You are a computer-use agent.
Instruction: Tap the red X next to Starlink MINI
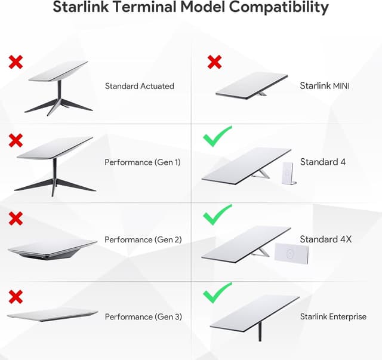point(214,61)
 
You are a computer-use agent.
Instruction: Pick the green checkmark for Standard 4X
point(217,215)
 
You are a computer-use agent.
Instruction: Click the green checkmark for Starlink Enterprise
point(217,293)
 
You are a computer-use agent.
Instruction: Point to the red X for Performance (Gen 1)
point(16,140)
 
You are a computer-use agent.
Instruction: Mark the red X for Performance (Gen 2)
point(16,219)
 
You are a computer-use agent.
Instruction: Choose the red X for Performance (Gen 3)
point(16,296)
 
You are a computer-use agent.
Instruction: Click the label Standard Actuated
point(139,86)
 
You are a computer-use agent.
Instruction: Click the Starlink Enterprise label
point(333,316)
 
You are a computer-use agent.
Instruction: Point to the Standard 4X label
point(326,239)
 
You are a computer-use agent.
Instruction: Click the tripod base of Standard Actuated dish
point(58,106)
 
